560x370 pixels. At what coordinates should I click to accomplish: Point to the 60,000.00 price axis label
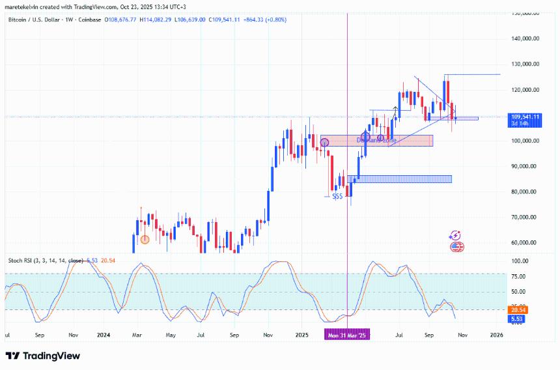(x=525, y=242)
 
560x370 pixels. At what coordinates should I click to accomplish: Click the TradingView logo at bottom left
(x=43, y=356)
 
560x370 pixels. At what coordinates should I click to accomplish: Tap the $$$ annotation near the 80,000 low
(x=337, y=195)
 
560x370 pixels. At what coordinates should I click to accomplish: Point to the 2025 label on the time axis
(x=301, y=335)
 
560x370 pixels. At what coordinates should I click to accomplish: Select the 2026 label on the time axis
(x=496, y=335)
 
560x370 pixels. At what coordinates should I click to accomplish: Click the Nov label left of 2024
(x=73, y=335)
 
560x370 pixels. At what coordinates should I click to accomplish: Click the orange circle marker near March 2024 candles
(x=145, y=240)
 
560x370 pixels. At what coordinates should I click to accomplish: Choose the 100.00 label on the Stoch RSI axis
(x=520, y=261)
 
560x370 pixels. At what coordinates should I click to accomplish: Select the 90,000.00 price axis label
(x=525, y=166)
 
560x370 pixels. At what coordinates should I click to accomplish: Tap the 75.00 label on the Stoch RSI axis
(x=518, y=276)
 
